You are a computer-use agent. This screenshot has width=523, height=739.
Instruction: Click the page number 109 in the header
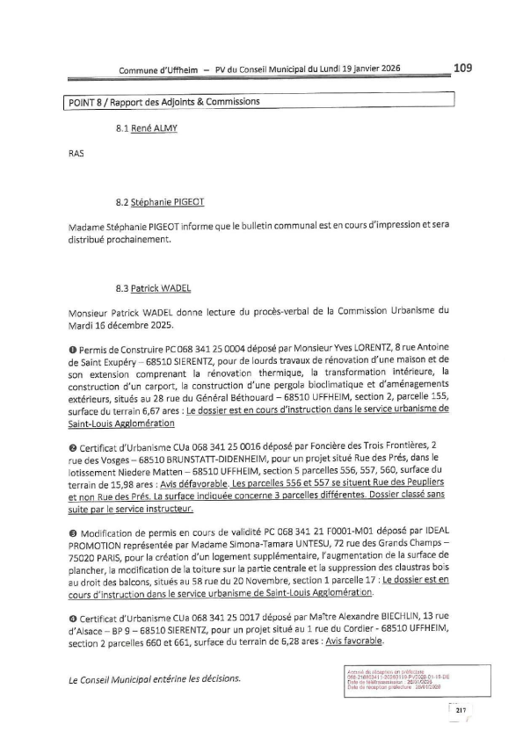(463, 67)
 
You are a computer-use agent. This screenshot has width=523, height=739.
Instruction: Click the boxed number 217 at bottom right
(458, 710)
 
